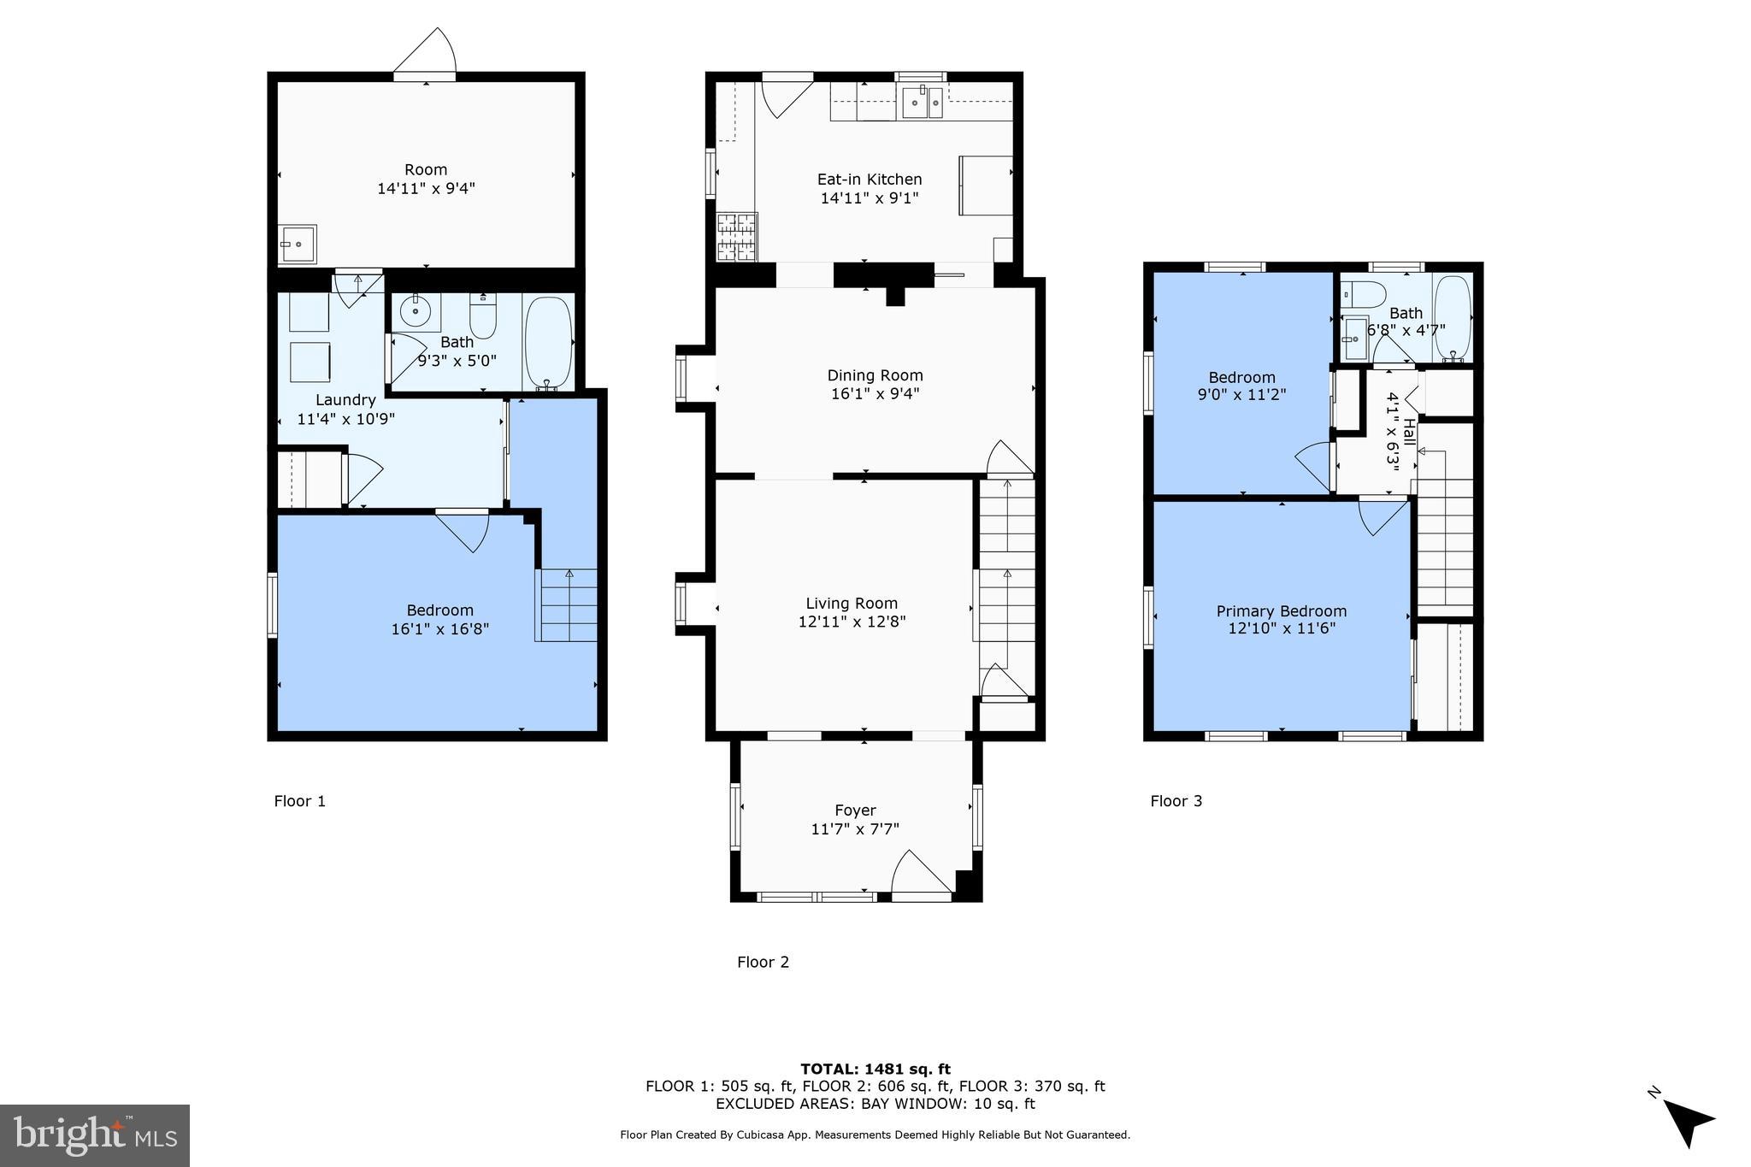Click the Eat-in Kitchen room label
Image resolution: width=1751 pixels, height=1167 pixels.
(869, 180)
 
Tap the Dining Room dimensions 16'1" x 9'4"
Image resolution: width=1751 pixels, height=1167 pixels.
(875, 394)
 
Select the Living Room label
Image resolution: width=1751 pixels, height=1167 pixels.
(852, 604)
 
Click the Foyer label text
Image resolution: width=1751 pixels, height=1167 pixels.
(855, 810)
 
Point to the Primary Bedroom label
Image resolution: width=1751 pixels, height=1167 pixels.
(1281, 611)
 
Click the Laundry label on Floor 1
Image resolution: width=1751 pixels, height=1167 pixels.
(345, 400)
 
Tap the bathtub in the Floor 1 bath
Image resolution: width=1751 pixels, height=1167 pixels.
(547, 342)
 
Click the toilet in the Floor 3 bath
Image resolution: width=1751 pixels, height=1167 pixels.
(1364, 293)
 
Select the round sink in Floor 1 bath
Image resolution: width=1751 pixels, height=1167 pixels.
(416, 310)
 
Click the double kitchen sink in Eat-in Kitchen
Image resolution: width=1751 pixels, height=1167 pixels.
(923, 103)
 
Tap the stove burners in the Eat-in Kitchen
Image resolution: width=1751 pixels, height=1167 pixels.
(736, 237)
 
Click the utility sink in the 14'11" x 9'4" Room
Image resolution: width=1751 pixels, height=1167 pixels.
(297, 245)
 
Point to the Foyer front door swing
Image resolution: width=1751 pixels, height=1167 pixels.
(920, 872)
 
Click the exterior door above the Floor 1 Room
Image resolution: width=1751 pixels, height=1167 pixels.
(426, 54)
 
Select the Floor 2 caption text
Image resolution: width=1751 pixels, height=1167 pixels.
(763, 962)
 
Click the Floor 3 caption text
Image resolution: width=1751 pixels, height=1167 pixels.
(1176, 801)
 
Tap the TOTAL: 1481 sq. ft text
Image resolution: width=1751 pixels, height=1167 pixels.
(875, 1069)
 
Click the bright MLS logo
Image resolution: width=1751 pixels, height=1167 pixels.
(94, 1135)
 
